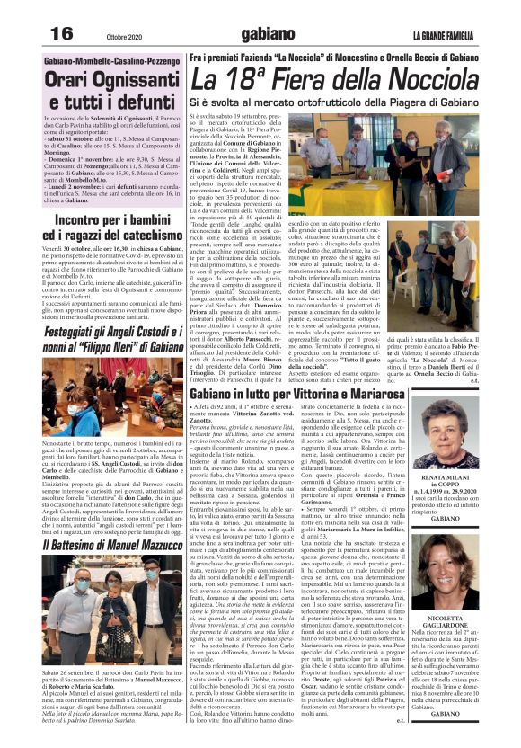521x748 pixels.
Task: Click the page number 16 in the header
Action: pyautogui.click(x=62, y=32)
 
